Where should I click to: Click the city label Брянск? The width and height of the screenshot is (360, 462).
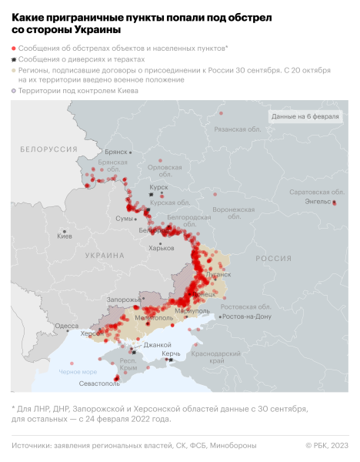116,152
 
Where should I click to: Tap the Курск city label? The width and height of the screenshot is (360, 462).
159,186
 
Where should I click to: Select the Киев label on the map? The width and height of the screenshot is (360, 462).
65,236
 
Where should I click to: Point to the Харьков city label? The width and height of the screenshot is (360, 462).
161,247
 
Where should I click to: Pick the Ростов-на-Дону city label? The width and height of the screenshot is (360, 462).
248,316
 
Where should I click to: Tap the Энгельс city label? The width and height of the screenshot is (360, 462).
317,201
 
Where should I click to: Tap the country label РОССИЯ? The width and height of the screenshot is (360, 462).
273,259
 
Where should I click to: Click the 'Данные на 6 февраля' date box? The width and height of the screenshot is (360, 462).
304,116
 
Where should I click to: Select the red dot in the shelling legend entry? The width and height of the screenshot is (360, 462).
14,48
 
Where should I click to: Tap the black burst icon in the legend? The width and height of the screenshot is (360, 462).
14,59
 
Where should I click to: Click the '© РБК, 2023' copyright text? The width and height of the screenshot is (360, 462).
326,445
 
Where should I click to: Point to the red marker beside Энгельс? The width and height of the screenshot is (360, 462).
335,202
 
